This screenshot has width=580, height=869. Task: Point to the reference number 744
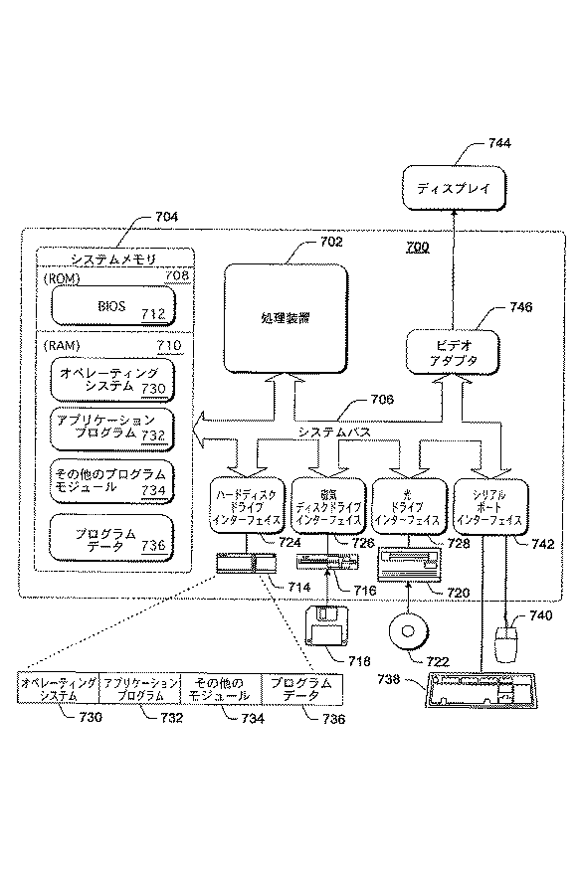(499, 143)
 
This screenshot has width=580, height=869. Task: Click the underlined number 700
(417, 247)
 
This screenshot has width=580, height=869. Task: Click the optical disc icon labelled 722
(409, 631)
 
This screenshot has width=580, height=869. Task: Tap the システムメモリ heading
(99, 259)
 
